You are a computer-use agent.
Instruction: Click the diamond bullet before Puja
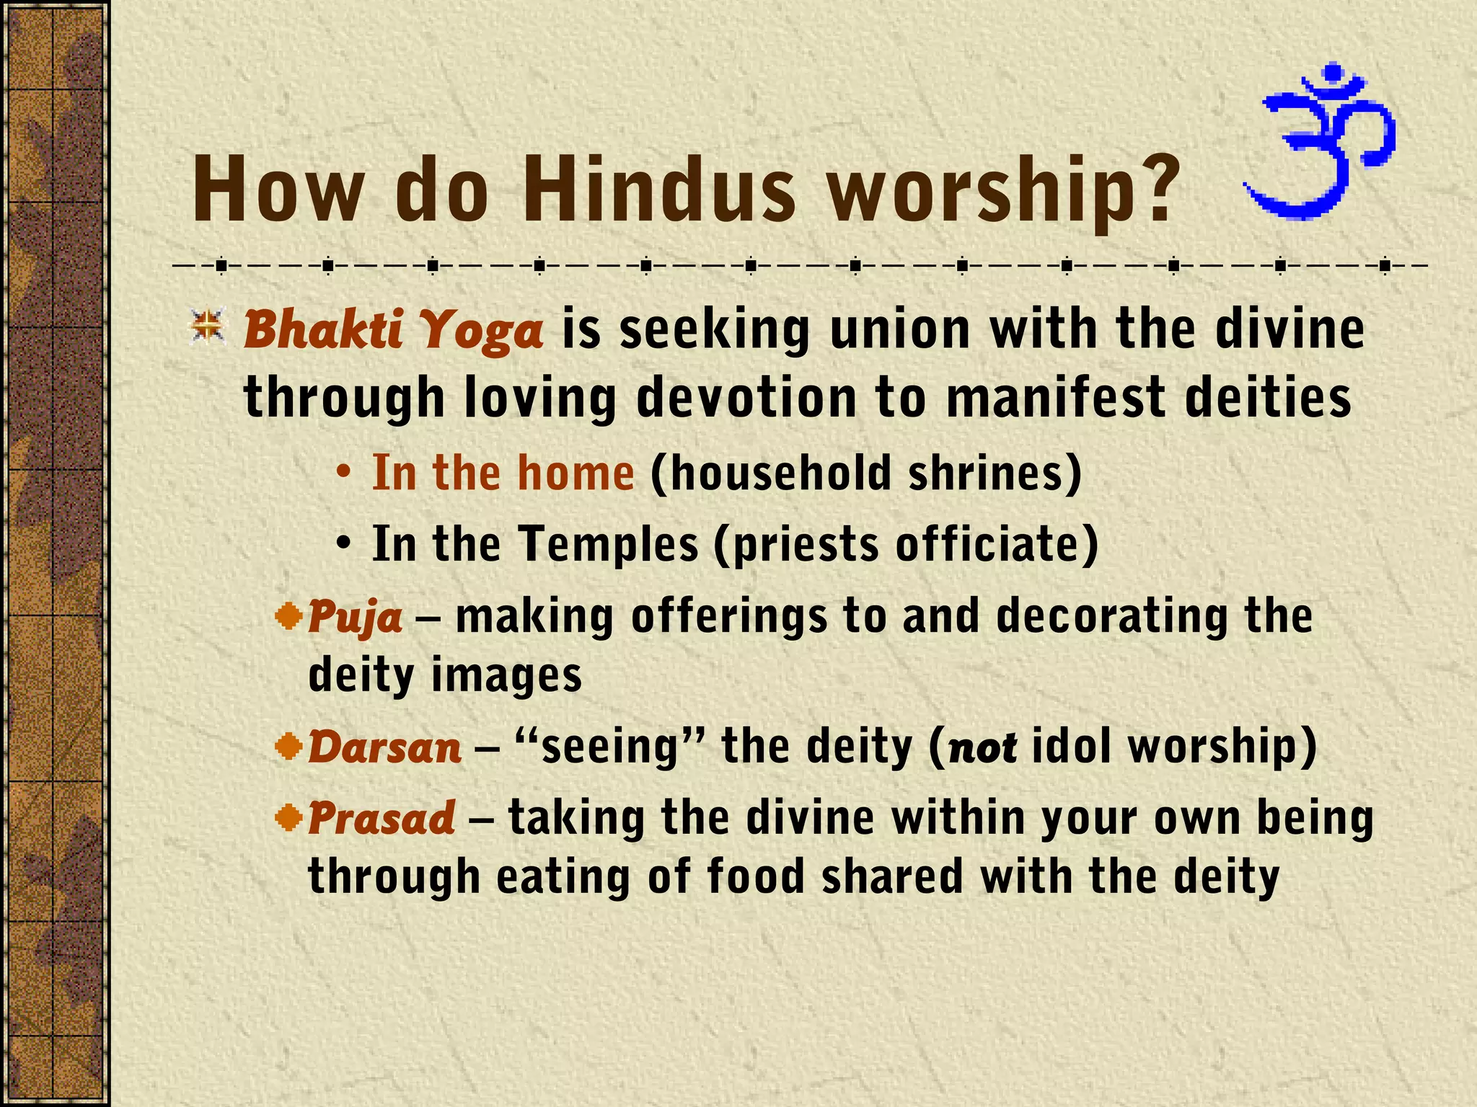click(290, 615)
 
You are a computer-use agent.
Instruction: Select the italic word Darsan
click(384, 747)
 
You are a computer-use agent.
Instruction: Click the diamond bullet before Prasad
click(290, 817)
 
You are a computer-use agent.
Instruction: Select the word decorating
click(1111, 617)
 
